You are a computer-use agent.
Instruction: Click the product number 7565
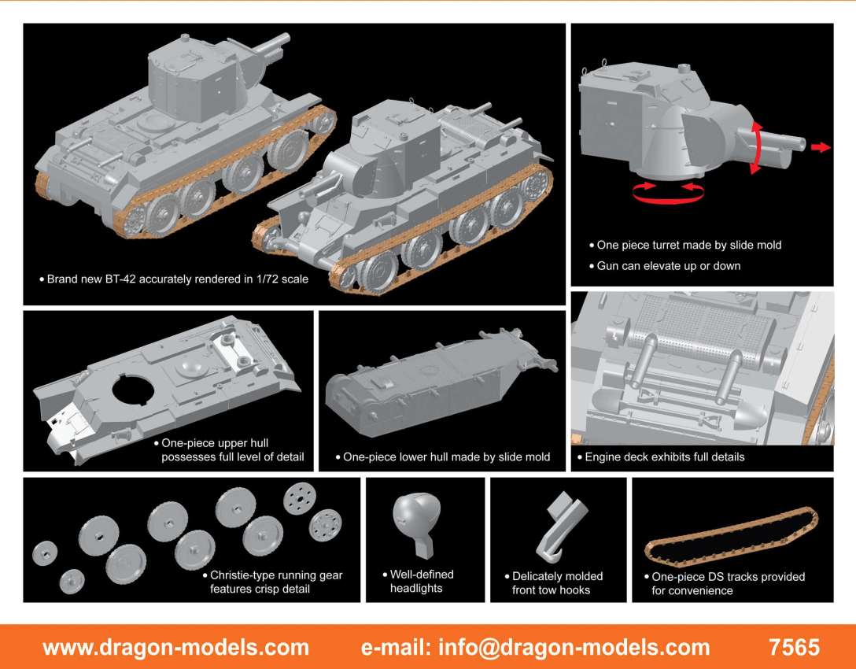pyautogui.click(x=795, y=647)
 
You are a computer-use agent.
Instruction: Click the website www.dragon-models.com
pyautogui.click(x=175, y=648)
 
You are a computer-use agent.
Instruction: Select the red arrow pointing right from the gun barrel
pyautogui.click(x=821, y=147)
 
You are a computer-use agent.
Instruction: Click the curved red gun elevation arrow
pyautogui.click(x=758, y=147)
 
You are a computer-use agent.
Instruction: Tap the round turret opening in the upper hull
pyautogui.click(x=134, y=389)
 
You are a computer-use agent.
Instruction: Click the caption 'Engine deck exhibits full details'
pyautogui.click(x=664, y=457)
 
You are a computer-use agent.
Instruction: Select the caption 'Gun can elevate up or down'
pyautogui.click(x=669, y=266)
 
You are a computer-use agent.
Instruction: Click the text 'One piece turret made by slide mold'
pyautogui.click(x=689, y=246)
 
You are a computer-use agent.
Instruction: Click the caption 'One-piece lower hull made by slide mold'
pyautogui.click(x=447, y=457)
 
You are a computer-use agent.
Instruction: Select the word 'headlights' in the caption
pyautogui.click(x=416, y=588)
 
